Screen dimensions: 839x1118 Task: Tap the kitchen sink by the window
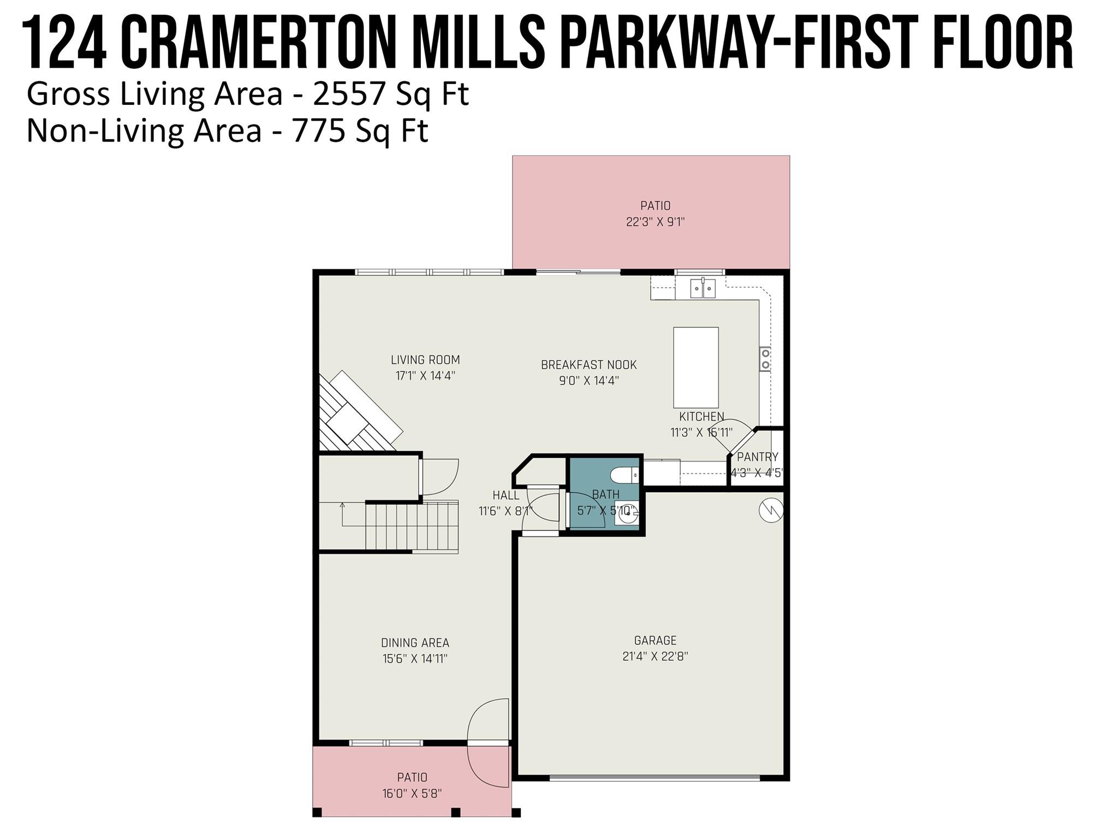703,288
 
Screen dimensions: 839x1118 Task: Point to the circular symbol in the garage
771,511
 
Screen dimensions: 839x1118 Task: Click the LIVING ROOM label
425,360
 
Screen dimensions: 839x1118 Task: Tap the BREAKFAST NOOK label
588,365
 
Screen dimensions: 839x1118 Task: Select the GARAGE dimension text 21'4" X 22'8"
655,657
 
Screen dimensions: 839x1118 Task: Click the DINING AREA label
415,643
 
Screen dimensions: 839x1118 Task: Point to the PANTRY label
757,457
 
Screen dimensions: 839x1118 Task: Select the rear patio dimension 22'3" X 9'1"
655,222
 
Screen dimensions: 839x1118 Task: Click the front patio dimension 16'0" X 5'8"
412,793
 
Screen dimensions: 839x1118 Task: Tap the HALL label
506,495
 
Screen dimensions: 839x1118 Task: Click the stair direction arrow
343,506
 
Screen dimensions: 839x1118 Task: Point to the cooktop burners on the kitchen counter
765,358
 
